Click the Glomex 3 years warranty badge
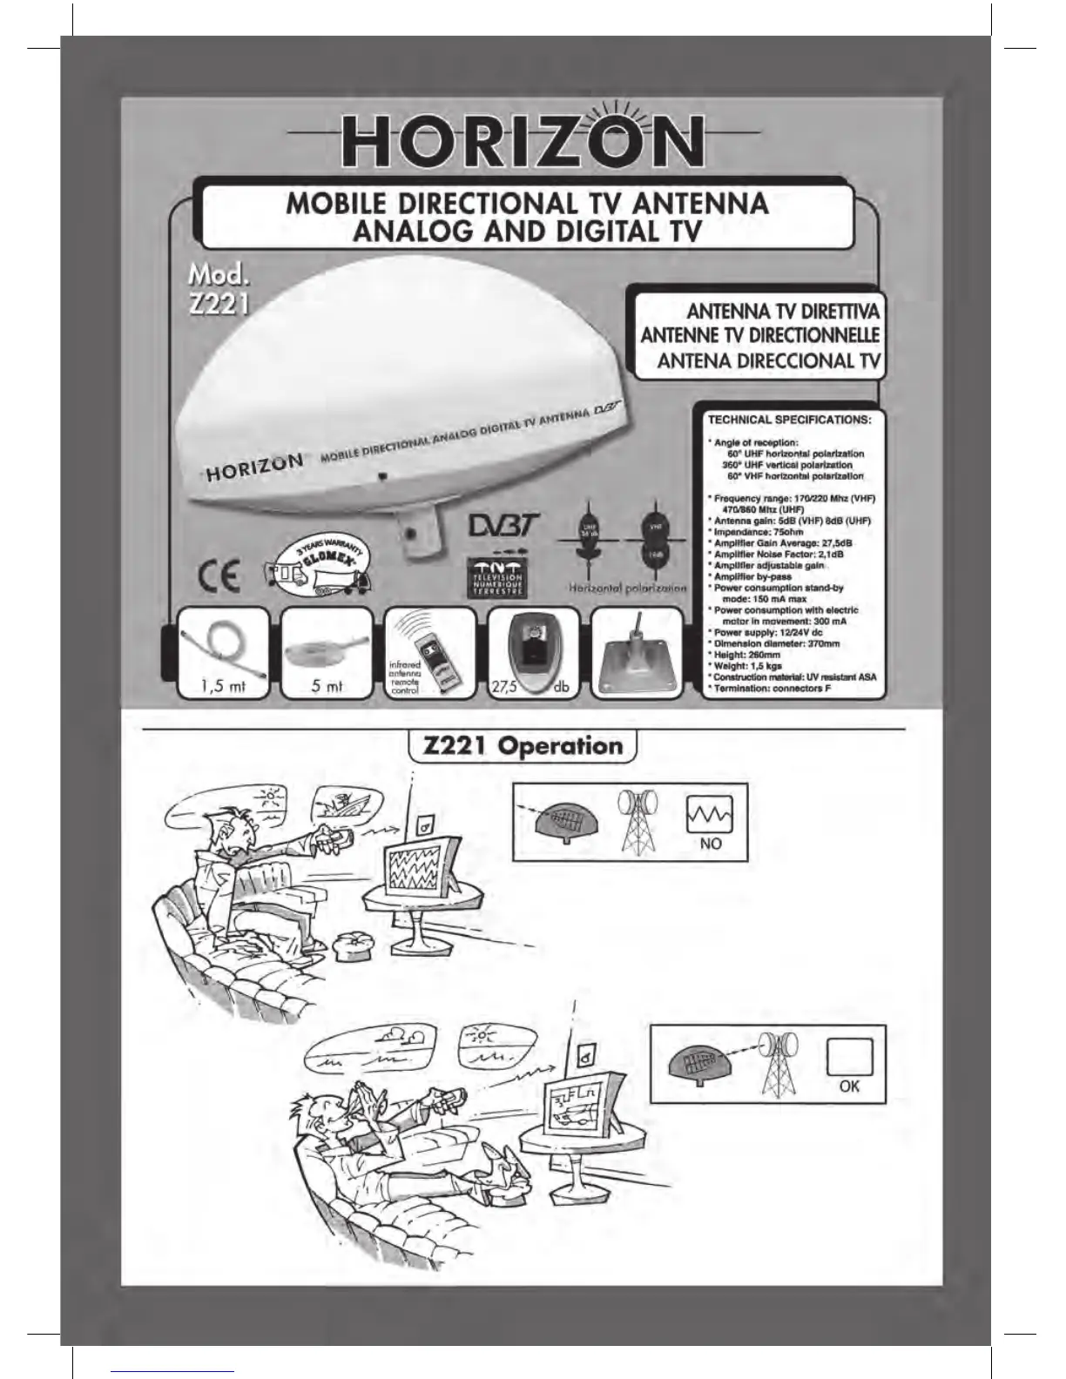pyautogui.click(x=319, y=568)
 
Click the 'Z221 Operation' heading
pyautogui.click(x=523, y=746)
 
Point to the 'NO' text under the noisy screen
pyautogui.click(x=710, y=844)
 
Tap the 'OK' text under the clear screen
pyautogui.click(x=849, y=1086)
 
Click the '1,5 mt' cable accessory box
pyautogui.click(x=223, y=653)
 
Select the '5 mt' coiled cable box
pyautogui.click(x=327, y=653)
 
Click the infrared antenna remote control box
pyautogui.click(x=430, y=653)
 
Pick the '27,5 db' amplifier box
pyautogui.click(x=532, y=653)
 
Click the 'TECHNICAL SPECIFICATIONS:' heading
pyautogui.click(x=789, y=420)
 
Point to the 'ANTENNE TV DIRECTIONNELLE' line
pyautogui.click(x=760, y=335)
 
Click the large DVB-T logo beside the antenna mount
pyautogui.click(x=504, y=525)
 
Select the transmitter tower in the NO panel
pyautogui.click(x=638, y=822)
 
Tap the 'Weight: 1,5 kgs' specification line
pyautogui.click(x=747, y=666)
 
